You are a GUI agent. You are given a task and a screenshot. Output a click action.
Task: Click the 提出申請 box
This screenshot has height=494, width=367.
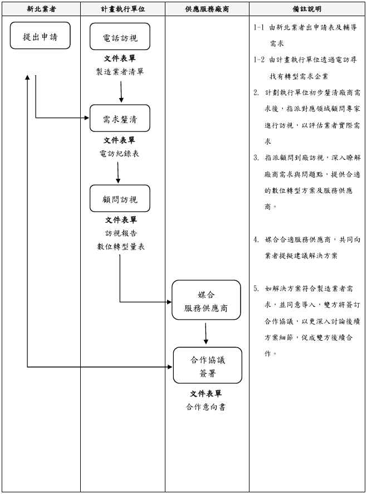click(40, 37)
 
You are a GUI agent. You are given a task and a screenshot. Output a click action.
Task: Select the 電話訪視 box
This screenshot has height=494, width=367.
click(120, 37)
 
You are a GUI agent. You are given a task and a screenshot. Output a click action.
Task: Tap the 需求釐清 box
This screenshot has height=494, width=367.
click(120, 119)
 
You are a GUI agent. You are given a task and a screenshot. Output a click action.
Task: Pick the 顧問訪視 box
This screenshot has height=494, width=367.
click(120, 199)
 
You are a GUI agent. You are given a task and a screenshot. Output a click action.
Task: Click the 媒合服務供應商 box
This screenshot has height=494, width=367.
click(206, 301)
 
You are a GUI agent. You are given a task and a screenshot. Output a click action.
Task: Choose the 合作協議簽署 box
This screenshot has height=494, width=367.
click(207, 366)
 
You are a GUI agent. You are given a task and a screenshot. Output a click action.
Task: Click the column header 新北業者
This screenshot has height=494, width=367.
click(41, 9)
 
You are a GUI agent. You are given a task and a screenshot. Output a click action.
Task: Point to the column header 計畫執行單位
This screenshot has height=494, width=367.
click(123, 9)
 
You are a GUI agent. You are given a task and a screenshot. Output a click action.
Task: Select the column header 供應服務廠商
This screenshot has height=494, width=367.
click(207, 9)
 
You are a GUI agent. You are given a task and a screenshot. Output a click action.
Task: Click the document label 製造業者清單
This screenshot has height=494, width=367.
click(120, 71)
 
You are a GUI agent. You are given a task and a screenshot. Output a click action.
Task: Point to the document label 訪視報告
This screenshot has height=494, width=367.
click(120, 233)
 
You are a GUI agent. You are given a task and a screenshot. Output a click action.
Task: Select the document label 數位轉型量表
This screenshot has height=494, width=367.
click(121, 246)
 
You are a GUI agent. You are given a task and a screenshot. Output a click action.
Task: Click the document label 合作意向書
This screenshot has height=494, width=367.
click(206, 407)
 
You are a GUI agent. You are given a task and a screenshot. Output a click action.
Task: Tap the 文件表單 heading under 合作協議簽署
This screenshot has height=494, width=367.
click(206, 394)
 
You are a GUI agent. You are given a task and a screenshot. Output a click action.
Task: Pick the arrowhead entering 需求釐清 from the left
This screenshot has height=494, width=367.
click(86, 118)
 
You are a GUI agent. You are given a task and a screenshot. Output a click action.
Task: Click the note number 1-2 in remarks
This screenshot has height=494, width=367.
click(258, 59)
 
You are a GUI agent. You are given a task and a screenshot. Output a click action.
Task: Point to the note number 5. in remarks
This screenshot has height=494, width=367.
click(256, 288)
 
